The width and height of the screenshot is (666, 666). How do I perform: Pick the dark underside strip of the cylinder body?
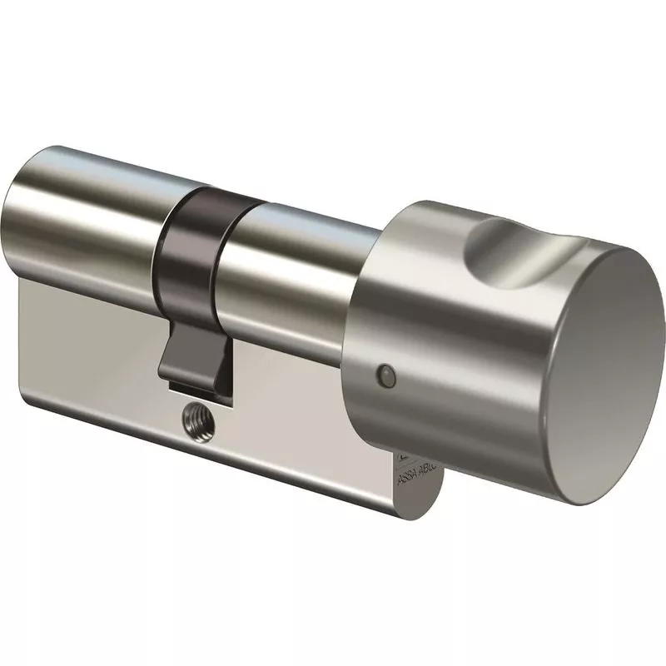click(208, 475)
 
